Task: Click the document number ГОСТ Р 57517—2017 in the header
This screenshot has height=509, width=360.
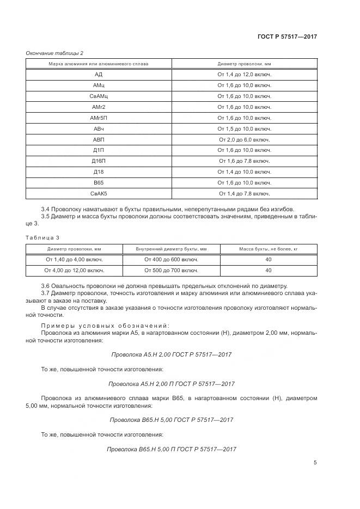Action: pos(286,36)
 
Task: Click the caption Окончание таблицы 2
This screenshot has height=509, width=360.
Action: pos(54,53)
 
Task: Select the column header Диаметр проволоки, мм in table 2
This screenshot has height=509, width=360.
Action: pos(244,64)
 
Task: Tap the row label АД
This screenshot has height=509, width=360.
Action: pos(99,75)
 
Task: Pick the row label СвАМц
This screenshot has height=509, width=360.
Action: pos(99,96)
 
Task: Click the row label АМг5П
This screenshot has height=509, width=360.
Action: pos(99,118)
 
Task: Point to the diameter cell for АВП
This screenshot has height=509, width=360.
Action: pos(244,140)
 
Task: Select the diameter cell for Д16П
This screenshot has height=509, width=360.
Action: pos(244,161)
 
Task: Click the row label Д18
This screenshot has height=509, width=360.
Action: pos(99,172)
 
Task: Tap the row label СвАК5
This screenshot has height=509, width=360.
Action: pos(99,193)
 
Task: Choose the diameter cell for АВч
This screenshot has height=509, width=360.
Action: pos(244,129)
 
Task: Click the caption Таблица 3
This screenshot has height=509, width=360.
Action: pos(40,237)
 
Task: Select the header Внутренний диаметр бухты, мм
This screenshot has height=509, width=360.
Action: pos(171,249)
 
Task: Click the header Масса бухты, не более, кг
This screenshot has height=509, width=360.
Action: pos(269,249)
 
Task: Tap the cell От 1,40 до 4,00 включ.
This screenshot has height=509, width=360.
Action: pos(74,259)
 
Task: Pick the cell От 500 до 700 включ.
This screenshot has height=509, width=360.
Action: pos(171,270)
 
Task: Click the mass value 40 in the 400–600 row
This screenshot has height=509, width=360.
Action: pos(269,259)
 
